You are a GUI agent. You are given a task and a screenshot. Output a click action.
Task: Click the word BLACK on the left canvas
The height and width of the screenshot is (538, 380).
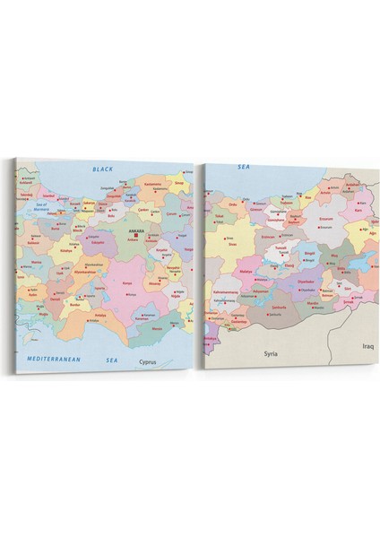click(104, 169)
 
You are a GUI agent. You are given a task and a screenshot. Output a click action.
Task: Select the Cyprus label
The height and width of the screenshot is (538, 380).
click(152, 361)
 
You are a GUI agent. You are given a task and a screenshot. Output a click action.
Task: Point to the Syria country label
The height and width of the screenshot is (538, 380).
click(272, 353)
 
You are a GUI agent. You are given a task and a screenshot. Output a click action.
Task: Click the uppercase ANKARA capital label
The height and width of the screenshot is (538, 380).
click(135, 229)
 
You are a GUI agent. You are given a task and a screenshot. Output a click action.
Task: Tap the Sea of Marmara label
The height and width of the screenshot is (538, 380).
click(37, 206)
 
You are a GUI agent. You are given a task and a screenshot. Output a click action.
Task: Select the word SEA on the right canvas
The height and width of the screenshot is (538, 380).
click(243, 167)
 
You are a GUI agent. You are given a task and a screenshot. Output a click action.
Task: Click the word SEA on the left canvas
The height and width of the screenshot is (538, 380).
click(112, 359)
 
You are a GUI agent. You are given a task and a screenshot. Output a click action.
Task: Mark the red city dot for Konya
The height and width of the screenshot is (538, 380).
click(125, 286)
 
